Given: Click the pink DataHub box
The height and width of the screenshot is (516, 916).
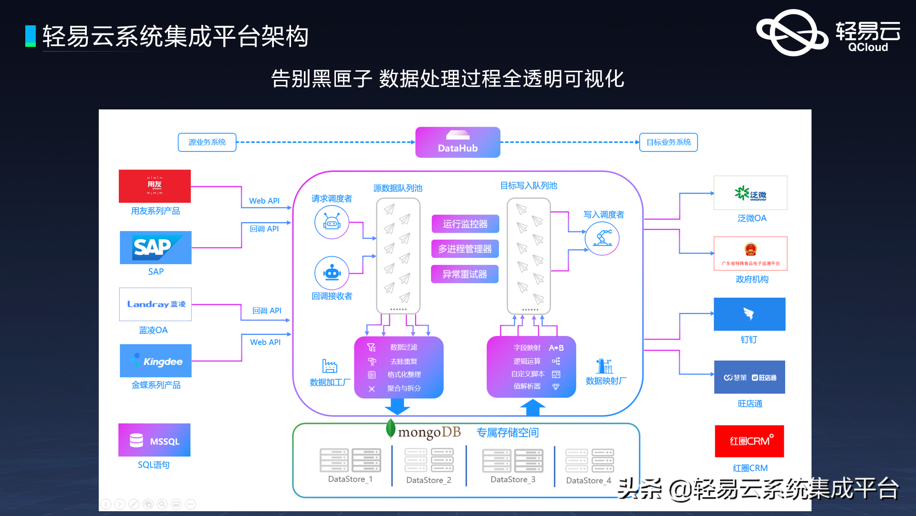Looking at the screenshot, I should click(458, 142).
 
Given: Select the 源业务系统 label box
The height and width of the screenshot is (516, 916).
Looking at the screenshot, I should click(207, 142).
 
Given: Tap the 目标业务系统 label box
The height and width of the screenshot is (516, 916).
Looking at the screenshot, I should click(668, 142).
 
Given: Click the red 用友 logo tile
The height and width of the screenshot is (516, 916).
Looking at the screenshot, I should click(155, 186).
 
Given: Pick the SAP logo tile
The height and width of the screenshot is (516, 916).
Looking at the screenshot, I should click(156, 247).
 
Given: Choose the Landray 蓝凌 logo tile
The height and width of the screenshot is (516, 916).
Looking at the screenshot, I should click(156, 304).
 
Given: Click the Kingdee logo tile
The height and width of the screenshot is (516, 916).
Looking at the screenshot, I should click(156, 361).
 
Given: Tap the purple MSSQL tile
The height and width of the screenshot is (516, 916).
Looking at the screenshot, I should click(155, 440).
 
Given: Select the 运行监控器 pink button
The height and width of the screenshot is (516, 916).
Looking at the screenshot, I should click(465, 224).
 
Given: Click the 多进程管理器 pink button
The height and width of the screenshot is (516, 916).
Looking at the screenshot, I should click(465, 249).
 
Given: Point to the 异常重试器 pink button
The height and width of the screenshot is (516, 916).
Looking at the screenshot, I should click(465, 274).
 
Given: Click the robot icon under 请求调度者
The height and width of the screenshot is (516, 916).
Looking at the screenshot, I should click(332, 222).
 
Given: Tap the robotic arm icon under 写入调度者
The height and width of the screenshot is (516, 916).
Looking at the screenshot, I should click(602, 238).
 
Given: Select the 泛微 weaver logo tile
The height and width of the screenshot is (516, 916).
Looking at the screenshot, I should click(750, 193).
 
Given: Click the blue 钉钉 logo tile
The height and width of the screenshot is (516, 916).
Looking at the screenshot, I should click(749, 314).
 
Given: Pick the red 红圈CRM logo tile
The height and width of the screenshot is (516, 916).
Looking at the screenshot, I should click(749, 441).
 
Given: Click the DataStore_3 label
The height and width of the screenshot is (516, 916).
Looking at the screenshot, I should click(513, 479).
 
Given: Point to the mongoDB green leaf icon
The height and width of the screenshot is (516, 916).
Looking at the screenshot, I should click(391, 429).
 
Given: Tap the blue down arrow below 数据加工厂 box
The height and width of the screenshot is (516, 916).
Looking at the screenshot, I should click(397, 407).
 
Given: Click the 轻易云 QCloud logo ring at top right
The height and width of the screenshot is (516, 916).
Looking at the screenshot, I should click(792, 32).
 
